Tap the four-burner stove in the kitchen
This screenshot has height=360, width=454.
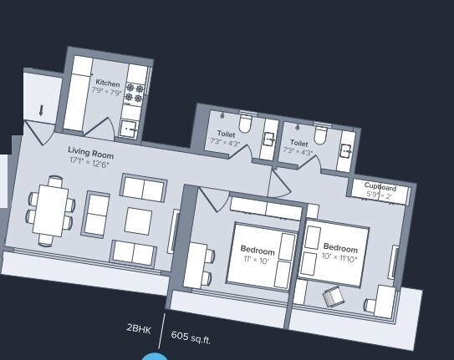(135, 92)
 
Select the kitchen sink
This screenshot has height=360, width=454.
(128, 129)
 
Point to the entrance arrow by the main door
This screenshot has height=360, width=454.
(41, 110)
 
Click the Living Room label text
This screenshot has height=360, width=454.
(90, 155)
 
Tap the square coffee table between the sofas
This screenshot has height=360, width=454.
(139, 220)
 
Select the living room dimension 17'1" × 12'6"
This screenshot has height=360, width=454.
(90, 164)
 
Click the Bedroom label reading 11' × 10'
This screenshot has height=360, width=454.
(258, 250)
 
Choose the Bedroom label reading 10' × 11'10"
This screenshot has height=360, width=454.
(340, 248)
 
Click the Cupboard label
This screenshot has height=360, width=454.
(380, 188)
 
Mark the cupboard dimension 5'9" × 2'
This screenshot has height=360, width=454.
(380, 195)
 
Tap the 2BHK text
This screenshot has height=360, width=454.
(139, 329)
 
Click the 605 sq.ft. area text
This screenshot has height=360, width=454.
(191, 337)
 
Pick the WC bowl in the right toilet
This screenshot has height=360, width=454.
(320, 134)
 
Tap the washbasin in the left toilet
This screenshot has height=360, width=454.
(268, 139)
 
